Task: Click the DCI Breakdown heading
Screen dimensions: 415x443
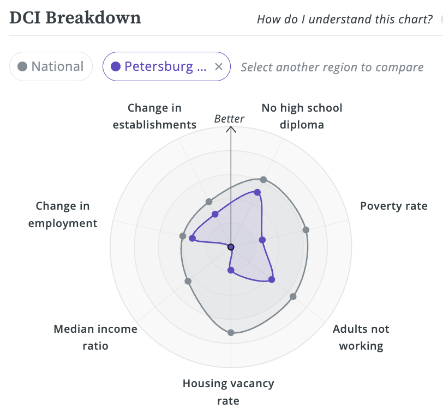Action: tap(75, 17)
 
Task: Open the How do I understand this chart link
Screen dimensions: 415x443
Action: tap(345, 20)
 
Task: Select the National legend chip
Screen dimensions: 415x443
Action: tap(51, 66)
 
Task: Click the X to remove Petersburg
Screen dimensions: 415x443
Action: tap(218, 66)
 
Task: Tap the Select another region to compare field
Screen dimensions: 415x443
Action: tap(332, 67)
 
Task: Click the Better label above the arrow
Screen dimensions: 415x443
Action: tap(229, 119)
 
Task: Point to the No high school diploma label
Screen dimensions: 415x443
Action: tap(302, 116)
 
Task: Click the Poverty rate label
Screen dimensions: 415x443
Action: tap(393, 206)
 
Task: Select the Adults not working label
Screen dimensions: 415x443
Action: tap(361, 337)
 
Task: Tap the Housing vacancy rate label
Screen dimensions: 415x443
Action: tap(228, 392)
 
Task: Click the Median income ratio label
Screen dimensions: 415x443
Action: tap(95, 337)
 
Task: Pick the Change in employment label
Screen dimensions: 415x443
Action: tap(63, 215)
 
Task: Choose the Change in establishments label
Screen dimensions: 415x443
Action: tap(154, 116)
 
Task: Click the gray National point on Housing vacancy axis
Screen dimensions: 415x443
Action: tap(231, 332)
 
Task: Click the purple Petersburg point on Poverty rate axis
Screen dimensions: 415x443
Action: tap(262, 240)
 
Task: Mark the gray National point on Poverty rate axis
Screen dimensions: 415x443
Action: tap(306, 230)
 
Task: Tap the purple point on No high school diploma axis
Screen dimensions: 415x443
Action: tap(258, 192)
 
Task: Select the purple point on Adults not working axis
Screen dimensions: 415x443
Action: tap(272, 279)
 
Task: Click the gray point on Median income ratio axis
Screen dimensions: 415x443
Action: tap(188, 281)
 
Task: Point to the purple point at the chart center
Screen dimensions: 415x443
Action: tap(231, 247)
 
